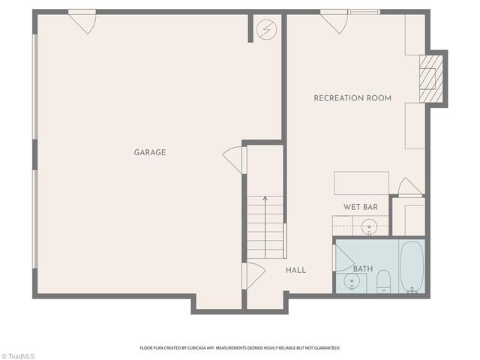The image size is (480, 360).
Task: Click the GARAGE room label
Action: tap(150, 152)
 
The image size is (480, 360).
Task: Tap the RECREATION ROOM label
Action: tap(352, 98)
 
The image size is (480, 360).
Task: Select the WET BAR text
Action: tap(360, 207)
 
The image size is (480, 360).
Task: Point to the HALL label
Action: tap(295, 270)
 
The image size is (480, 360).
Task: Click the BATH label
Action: tap(363, 269)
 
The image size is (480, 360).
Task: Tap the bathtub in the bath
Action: tap(412, 267)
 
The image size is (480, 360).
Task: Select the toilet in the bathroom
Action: tap(383, 280)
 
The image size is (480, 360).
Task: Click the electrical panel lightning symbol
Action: tap(265, 29)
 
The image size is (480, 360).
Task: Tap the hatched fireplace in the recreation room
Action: tap(429, 78)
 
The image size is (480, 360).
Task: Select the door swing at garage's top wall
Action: tap(82, 21)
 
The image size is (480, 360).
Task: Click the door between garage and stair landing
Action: tap(235, 157)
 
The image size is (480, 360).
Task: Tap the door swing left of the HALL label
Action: tap(253, 274)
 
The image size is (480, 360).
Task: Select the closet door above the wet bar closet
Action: tap(409, 187)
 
